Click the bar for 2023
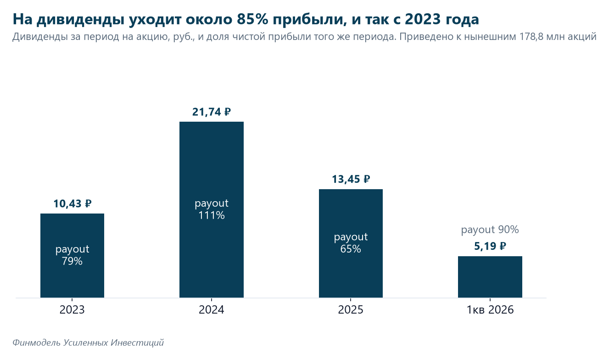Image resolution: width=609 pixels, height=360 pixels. point(72,255)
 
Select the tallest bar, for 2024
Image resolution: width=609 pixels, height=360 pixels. point(212,209)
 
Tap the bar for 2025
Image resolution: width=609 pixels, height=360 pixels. point(351,243)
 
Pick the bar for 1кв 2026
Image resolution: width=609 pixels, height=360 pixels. point(490,277)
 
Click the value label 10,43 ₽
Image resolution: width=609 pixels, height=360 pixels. point(73,203)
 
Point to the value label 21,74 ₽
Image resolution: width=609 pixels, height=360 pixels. point(212,112)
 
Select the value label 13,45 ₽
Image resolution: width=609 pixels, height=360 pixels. point(351,179)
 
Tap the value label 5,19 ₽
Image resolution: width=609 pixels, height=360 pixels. point(490,246)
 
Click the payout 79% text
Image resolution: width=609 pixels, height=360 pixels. point(72,255)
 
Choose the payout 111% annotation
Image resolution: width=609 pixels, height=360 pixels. point(212,209)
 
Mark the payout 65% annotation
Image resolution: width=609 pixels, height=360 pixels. point(351,243)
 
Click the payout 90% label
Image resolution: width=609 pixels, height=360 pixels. point(490,230)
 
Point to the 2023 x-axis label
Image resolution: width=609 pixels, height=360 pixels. point(72,310)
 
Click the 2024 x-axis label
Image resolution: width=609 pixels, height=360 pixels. point(212,310)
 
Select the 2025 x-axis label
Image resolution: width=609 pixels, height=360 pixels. point(351,310)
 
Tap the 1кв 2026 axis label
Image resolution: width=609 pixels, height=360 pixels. point(490,310)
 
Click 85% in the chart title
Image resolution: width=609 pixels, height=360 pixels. point(252,19)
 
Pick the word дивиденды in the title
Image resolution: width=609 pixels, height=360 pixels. point(80,20)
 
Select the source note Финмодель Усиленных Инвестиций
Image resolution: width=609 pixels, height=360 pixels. point(88,343)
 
